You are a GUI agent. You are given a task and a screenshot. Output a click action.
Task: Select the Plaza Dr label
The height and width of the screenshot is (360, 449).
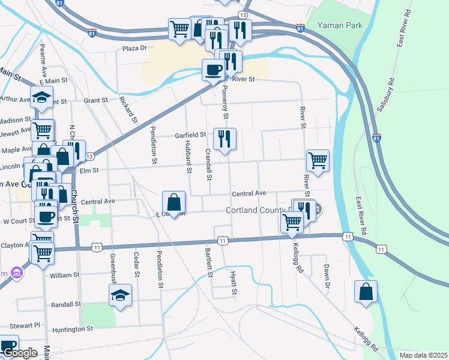point(134,48)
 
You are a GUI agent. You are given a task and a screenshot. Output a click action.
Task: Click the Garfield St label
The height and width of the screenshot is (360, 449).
point(190,135)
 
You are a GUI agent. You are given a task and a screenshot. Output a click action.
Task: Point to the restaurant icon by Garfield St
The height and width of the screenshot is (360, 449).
point(224,139)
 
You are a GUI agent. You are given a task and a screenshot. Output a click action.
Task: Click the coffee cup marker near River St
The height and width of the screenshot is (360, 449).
point(214,71)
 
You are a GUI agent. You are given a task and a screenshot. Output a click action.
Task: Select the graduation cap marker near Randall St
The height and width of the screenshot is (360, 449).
point(121,295)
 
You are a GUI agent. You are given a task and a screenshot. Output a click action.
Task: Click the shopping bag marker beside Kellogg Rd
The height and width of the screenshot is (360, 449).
point(366,292)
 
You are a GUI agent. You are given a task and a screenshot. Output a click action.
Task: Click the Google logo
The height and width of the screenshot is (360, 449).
point(20,353)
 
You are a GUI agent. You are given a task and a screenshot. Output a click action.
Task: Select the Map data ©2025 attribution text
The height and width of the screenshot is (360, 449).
point(423,355)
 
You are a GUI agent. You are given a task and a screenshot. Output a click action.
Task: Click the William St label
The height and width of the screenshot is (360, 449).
point(65,275)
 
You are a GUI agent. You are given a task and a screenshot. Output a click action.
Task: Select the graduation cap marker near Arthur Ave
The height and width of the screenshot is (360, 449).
point(41,97)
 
